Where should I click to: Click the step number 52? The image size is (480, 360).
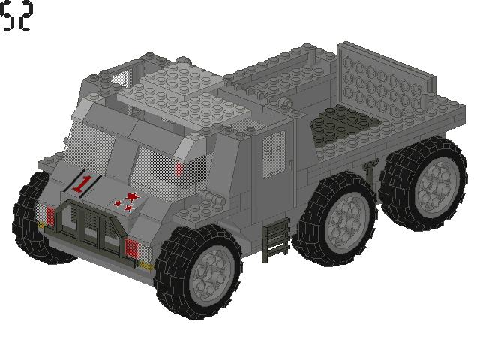click(16, 16)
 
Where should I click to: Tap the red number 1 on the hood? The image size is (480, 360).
click(83, 183)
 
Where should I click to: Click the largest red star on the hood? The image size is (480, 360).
click(132, 196)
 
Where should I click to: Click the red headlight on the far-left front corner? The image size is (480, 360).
click(49, 216)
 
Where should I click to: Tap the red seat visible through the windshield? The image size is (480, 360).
click(178, 169)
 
